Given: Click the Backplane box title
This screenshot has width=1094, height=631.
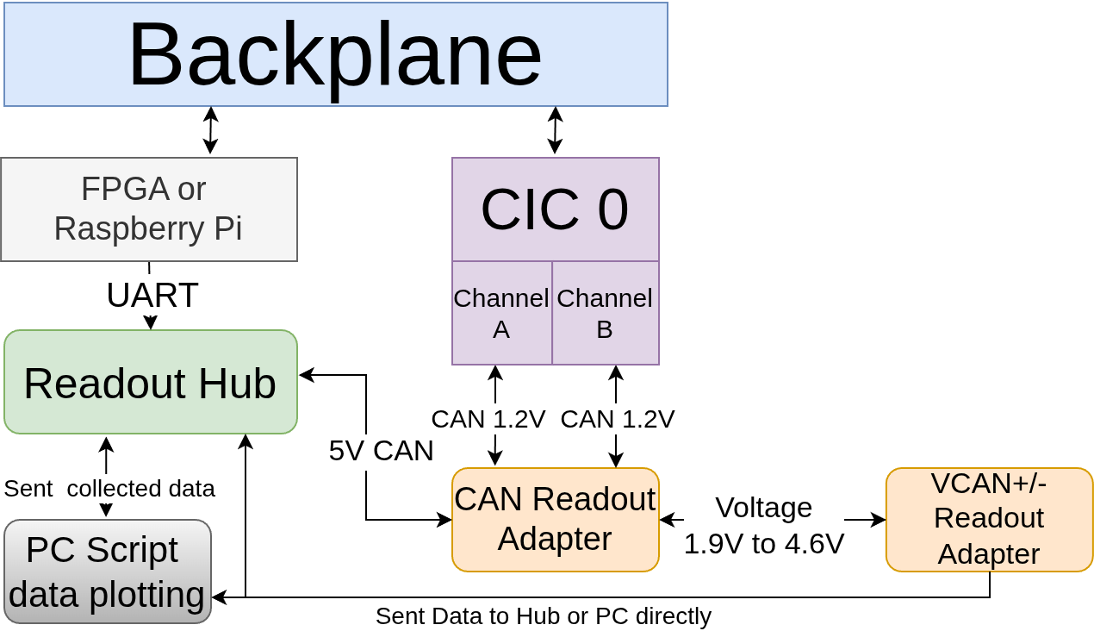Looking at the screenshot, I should coord(335,54).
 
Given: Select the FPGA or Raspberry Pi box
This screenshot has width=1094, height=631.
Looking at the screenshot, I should coord(148,209).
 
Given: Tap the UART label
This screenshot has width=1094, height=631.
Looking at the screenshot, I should coord(152,296).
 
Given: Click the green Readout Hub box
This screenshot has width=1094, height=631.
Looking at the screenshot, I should coord(151,382).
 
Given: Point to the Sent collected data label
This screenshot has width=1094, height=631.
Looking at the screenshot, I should coord(109,489).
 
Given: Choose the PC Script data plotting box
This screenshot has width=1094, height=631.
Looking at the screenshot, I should coord(107,572).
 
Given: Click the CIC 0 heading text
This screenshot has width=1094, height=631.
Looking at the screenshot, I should coord(554,209).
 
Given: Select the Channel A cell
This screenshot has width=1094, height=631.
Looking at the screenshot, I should coord(501,314).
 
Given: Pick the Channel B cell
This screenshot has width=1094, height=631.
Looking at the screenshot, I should coord(605,314).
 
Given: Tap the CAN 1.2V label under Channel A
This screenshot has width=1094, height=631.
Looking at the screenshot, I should coord(488,419).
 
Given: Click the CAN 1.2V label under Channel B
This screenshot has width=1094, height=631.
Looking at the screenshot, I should coord(618,419).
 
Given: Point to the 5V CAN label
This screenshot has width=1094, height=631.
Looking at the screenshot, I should coord(382,451).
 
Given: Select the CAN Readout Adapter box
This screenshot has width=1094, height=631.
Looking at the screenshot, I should coord(555,520).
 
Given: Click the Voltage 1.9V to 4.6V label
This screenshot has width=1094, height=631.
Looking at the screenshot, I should coord(764,526).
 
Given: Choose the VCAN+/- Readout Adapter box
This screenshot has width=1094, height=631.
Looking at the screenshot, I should coord(989,520).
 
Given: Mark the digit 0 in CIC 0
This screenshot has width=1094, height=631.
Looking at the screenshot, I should coord(612,209).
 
